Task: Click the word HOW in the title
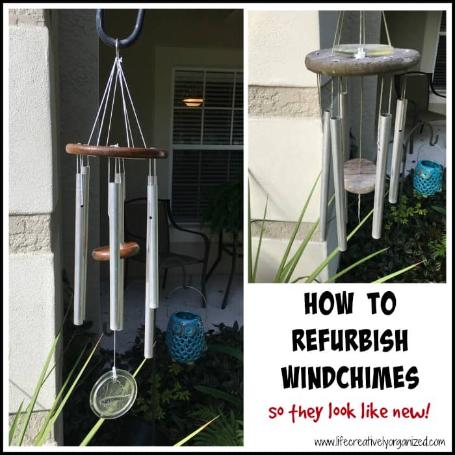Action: click(329, 304)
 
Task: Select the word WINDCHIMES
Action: click(350, 377)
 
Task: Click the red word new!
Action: click(410, 412)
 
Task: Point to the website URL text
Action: click(379, 443)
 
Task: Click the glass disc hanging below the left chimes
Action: click(113, 393)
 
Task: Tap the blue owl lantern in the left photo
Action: click(186, 337)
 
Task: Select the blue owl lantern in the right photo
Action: click(428, 177)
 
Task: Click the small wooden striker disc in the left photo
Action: click(116, 251)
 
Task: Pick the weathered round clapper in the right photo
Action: click(359, 176)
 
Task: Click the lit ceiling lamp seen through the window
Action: click(192, 102)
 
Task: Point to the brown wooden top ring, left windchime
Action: click(116, 151)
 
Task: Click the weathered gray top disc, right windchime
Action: click(363, 62)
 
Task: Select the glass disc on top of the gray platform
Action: click(363, 50)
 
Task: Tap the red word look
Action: click(342, 411)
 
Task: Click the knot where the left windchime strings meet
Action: click(118, 60)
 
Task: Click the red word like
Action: click(374, 411)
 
